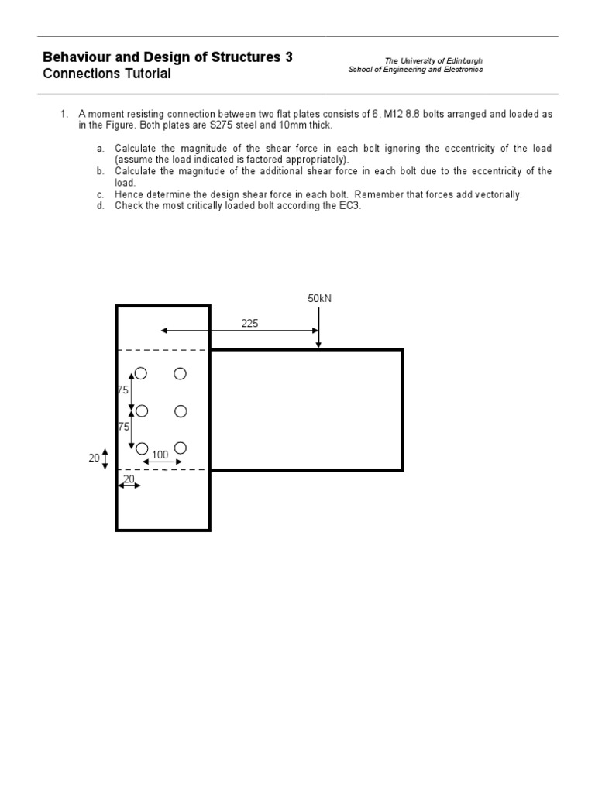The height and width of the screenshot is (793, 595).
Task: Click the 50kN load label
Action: tap(319, 298)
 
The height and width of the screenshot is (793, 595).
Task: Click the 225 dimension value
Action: tap(249, 324)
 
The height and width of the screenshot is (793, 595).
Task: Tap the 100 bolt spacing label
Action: tap(160, 455)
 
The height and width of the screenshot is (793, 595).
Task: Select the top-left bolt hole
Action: tap(140, 374)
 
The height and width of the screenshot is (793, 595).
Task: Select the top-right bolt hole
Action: tap(181, 374)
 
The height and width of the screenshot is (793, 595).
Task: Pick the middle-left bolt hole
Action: tap(141, 411)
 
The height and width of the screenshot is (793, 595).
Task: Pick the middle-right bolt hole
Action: tap(181, 411)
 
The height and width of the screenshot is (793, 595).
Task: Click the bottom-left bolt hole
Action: tap(142, 448)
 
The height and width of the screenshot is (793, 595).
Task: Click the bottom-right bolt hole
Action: tap(181, 448)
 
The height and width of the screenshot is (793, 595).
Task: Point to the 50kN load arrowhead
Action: tap(318, 345)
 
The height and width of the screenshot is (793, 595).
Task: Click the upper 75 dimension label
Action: tap(122, 391)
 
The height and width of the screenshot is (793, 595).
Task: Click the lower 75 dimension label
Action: tap(122, 427)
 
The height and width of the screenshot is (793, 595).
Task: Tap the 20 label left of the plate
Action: tap(94, 458)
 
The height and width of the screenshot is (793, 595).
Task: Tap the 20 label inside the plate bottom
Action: tap(129, 479)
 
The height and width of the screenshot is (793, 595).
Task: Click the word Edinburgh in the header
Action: tap(463, 60)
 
